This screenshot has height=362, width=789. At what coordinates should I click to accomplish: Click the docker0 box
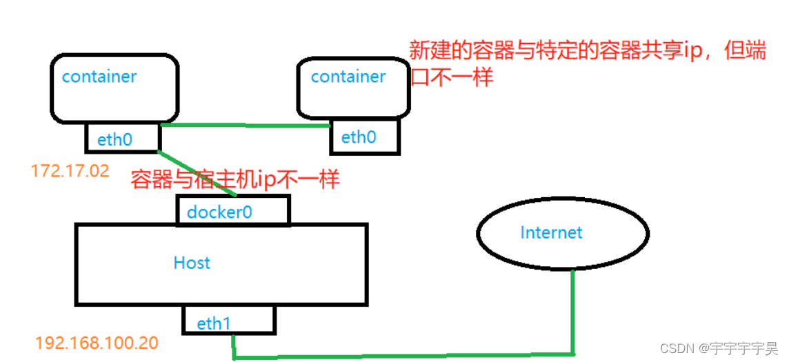233,210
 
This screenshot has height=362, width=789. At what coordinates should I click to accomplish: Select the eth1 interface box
229,321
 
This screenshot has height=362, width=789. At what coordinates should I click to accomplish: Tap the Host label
192,263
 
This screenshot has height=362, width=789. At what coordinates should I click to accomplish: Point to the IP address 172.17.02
70,171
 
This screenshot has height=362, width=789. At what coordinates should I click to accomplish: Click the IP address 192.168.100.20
97,343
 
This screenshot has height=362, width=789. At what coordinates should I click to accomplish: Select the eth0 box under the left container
122,139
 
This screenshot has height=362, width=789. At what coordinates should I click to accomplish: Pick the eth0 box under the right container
364,137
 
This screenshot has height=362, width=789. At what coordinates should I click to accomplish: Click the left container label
99,77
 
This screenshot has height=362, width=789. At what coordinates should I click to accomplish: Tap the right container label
348,77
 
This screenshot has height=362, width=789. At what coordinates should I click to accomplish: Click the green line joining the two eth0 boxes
245,125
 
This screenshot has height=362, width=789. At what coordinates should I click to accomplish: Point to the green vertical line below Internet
573,310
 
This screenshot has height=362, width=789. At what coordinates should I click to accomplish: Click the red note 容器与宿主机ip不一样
235,179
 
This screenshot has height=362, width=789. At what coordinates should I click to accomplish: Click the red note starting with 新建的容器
586,52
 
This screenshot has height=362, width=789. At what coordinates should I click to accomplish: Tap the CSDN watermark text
718,348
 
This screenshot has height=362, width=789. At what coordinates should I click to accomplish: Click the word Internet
552,232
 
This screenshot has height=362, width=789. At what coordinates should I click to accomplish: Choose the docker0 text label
219,212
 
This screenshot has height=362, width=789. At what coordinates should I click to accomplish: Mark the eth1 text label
214,323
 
